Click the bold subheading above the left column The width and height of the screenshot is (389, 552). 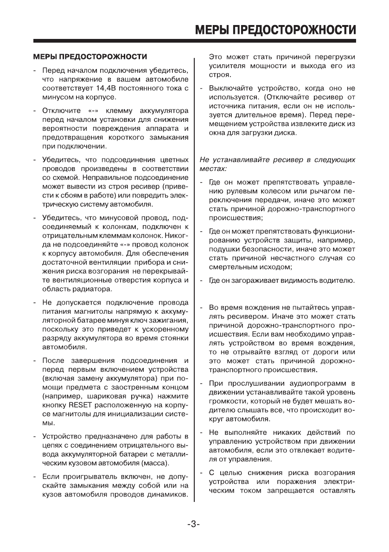(90, 57)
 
